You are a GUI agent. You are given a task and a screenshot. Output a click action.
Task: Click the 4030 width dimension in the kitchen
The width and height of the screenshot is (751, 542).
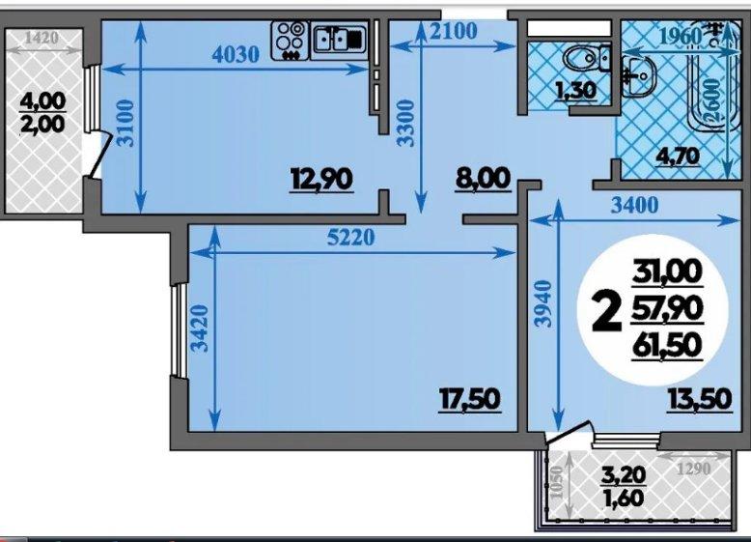(x=236, y=55)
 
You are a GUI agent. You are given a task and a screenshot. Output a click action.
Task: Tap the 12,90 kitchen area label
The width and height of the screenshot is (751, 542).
(x=322, y=179)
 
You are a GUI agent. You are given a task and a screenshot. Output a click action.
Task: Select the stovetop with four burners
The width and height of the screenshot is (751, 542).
(x=291, y=41)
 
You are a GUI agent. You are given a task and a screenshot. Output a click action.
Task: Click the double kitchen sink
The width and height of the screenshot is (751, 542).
(x=339, y=39)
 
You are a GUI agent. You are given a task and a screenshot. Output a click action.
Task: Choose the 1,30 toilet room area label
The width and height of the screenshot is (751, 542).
(x=574, y=90)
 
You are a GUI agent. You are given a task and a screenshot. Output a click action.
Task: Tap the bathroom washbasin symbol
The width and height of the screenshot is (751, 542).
(x=638, y=74)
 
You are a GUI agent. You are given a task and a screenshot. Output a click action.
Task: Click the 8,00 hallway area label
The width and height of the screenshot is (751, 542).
(x=484, y=179)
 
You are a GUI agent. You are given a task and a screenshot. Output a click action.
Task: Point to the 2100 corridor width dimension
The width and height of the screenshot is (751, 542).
(x=454, y=31)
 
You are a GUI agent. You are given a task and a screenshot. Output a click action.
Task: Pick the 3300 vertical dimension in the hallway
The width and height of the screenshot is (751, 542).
(x=406, y=122)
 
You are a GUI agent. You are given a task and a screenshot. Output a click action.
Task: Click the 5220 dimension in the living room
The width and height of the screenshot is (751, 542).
(x=350, y=238)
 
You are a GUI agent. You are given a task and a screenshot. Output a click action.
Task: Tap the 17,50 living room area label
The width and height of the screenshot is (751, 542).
(x=470, y=399)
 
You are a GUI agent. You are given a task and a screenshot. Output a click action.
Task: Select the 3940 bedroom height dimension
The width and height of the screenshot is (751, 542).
(x=543, y=303)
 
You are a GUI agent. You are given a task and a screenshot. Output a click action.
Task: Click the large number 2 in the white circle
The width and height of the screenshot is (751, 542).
(x=606, y=313)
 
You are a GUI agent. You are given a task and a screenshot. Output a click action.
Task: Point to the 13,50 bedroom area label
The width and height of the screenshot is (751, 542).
(x=700, y=399)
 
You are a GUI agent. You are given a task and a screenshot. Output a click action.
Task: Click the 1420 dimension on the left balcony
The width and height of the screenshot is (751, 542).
(x=42, y=38)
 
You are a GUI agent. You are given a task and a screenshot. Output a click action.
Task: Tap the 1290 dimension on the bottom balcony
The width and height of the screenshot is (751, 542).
(x=694, y=469)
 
